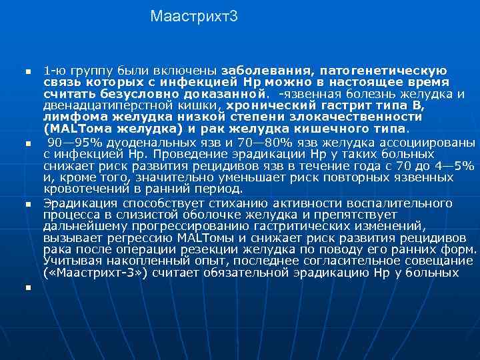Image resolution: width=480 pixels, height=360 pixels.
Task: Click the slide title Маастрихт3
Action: (x=193, y=15)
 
